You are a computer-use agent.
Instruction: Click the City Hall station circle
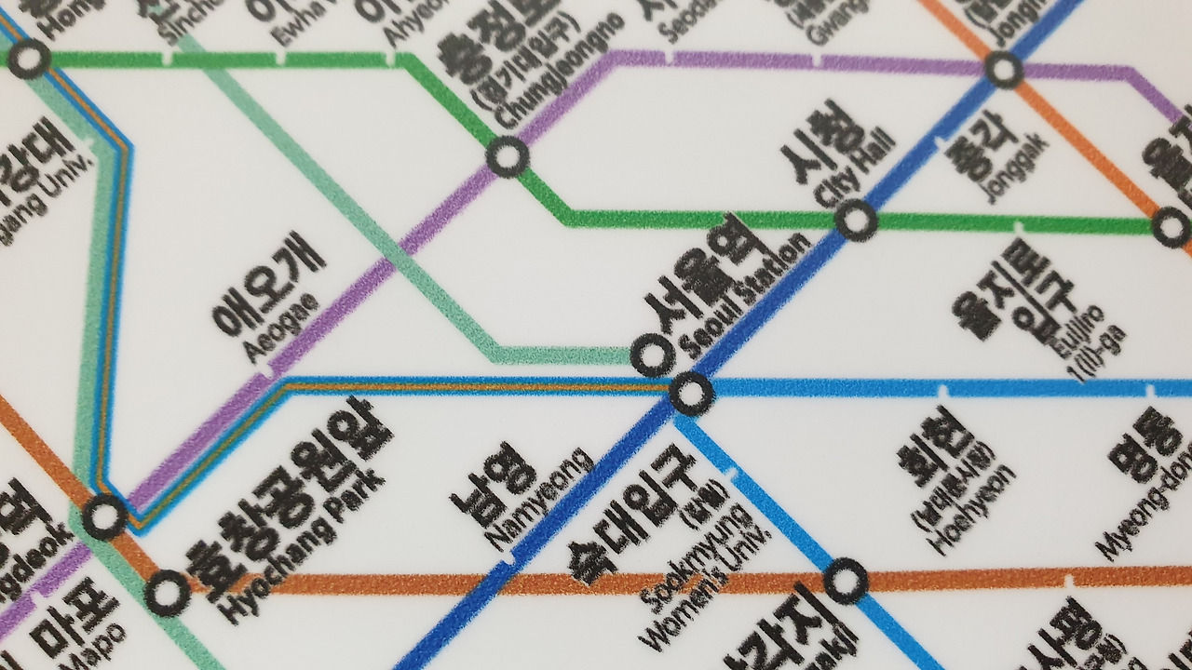[x=856, y=221]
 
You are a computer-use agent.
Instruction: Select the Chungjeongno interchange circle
[x=508, y=157]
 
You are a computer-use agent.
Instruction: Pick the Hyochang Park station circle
[x=168, y=592]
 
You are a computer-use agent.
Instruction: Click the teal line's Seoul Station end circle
[x=651, y=355]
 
